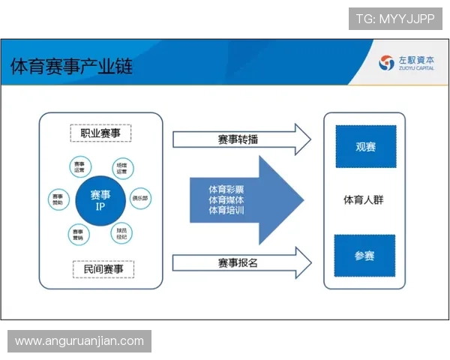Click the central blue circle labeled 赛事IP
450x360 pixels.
[x=100, y=199]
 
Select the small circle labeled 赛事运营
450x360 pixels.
[x=79, y=167]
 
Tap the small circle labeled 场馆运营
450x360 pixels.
[x=121, y=167]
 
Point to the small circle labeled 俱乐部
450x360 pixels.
[x=140, y=199]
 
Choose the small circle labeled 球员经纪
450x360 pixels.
[x=121, y=233]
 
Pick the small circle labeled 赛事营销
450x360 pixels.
[x=79, y=234]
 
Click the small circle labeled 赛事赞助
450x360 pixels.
[x=58, y=199]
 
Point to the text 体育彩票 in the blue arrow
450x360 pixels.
[x=226, y=189]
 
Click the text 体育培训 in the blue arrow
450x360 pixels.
[x=226, y=211]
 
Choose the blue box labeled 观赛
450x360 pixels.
[x=364, y=146]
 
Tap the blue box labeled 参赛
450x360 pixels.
[x=364, y=256]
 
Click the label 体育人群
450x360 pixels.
[x=364, y=200]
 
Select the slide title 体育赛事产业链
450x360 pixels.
[x=71, y=66]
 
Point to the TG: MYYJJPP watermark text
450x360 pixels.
[x=395, y=19]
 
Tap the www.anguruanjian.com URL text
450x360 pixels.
[x=79, y=341]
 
